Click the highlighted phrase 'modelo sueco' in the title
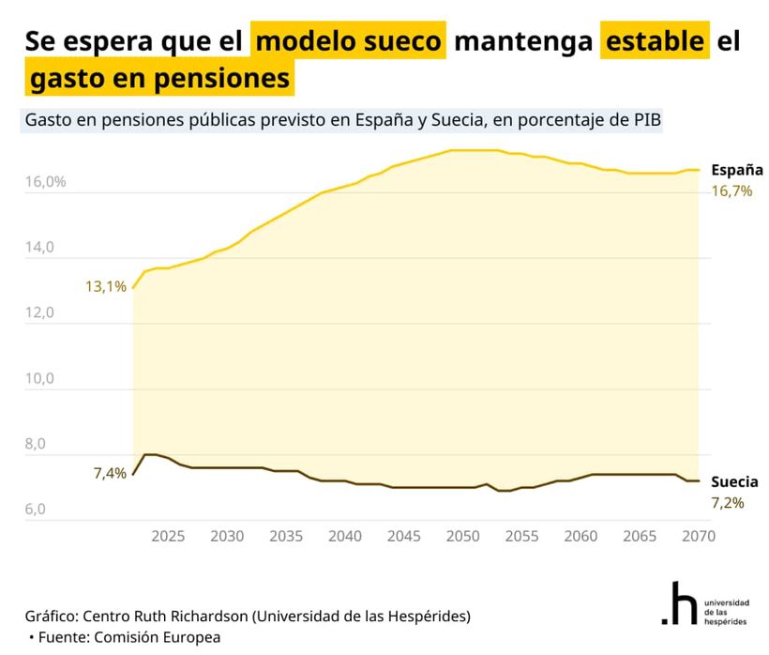pyautogui.click(x=348, y=42)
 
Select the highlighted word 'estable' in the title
pyautogui.click(x=655, y=42)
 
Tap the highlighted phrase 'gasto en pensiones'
pyautogui.click(x=159, y=79)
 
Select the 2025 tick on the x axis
pyautogui.click(x=168, y=536)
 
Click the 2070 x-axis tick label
pyautogui.click(x=698, y=536)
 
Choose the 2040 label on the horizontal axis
pyautogui.click(x=344, y=536)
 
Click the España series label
pyautogui.click(x=736, y=170)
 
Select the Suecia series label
pyautogui.click(x=734, y=482)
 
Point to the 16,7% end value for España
pyautogui.click(x=731, y=190)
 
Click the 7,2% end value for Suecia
pyautogui.click(x=728, y=503)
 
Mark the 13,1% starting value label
pyautogui.click(x=106, y=286)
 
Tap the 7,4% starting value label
pyautogui.click(x=110, y=473)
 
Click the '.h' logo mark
pyautogui.click(x=678, y=605)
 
